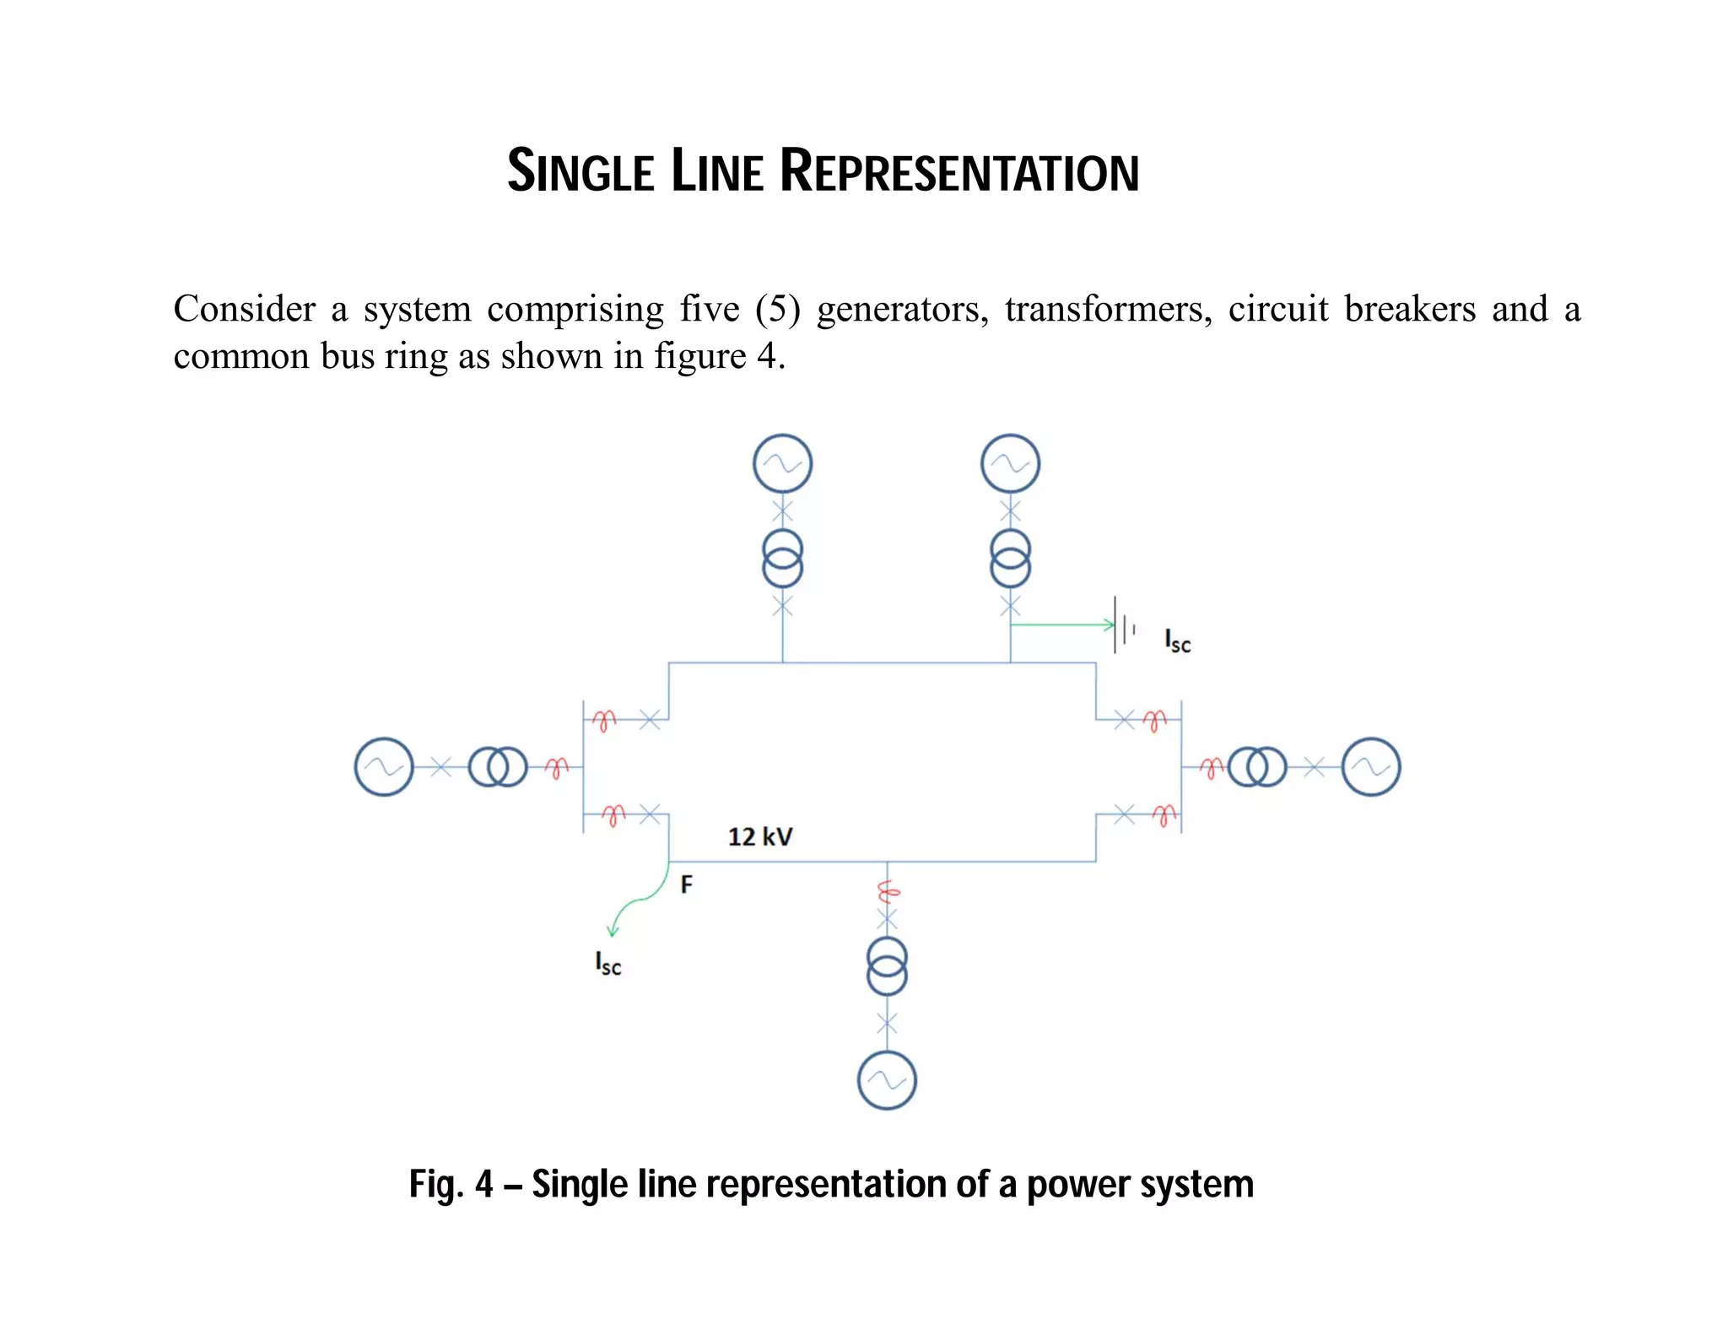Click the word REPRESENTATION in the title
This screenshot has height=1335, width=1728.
pos(959,172)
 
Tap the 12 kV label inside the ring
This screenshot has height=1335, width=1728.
pos(760,836)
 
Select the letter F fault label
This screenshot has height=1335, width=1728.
pos(686,884)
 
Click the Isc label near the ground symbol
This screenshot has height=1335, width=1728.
pos(1177,641)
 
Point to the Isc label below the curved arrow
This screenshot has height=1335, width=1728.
pos(607,964)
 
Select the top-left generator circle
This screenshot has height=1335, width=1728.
pos(782,463)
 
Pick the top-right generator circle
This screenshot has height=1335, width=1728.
pos(1010,463)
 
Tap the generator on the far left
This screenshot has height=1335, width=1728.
pos(384,767)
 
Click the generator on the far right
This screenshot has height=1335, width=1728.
pos(1370,767)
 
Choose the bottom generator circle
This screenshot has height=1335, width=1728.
pos(887,1080)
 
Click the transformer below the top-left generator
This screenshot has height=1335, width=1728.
pos(782,559)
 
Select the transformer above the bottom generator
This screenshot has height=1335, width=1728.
pos(887,966)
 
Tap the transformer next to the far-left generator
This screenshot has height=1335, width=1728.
pos(498,767)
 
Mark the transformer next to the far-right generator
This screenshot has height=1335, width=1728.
pos(1257,767)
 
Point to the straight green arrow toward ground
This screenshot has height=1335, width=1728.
pos(1063,624)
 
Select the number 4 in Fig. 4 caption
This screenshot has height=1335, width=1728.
pos(483,1185)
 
